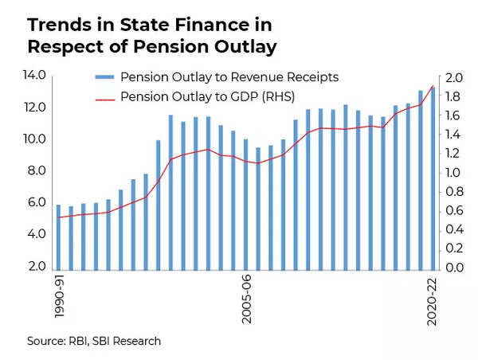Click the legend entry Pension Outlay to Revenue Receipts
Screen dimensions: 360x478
coord(229,77)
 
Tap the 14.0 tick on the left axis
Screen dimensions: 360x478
coord(38,76)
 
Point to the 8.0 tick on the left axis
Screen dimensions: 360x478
coord(38,171)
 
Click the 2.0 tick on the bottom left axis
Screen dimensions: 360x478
coord(38,267)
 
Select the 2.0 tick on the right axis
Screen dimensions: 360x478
coord(453,78)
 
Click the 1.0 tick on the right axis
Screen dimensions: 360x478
coord(453,173)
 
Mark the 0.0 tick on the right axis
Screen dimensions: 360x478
coord(453,268)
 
